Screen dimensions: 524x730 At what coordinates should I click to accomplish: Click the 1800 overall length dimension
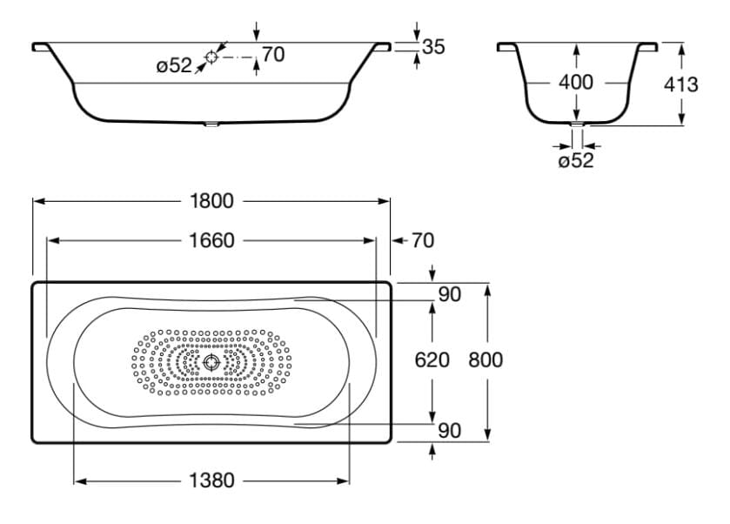(212, 201)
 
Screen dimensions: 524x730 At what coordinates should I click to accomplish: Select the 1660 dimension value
(212, 240)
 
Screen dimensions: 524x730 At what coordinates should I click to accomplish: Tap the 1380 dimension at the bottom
(212, 480)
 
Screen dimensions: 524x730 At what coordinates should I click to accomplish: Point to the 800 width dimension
(486, 359)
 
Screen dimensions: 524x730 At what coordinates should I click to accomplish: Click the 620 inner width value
(432, 359)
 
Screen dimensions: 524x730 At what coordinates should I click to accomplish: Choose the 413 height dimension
(680, 84)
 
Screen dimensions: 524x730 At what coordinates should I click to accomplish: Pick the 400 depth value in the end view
(575, 83)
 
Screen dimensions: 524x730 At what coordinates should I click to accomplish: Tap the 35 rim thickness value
(432, 47)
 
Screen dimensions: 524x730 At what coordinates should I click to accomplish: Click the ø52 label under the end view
(575, 160)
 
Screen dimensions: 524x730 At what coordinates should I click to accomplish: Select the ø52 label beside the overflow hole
(174, 66)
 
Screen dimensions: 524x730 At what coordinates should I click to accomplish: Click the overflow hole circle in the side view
(211, 57)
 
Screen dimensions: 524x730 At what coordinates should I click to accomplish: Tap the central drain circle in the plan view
(211, 362)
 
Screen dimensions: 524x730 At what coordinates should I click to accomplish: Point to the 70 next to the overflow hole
(272, 55)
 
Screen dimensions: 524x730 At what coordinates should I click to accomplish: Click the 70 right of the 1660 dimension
(421, 240)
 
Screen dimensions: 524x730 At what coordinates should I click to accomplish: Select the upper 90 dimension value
(449, 294)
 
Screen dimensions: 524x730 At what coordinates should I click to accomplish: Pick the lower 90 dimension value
(449, 430)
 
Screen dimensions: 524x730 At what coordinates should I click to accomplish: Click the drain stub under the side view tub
(211, 124)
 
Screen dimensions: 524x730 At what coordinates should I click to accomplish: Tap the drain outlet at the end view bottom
(576, 125)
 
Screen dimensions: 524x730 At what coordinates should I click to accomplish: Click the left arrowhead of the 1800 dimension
(37, 201)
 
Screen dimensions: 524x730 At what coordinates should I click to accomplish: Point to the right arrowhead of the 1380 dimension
(345, 480)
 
